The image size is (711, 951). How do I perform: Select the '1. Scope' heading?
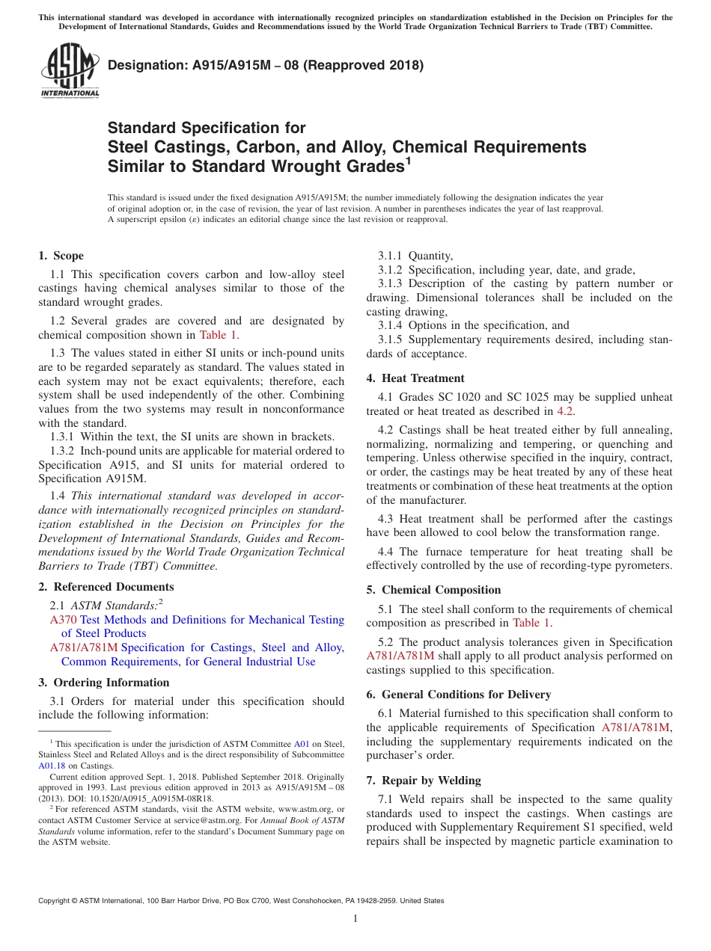[61, 256]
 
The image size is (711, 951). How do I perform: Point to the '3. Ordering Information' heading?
[104, 683]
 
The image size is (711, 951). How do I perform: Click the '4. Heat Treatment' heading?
[415, 378]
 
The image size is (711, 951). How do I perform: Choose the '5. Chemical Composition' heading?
[433, 590]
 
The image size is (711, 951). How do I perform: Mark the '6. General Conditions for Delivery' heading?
[459, 695]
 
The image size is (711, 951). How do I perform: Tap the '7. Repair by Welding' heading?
[424, 781]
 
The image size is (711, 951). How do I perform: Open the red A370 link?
[63, 620]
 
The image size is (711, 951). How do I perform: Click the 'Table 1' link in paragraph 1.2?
[218, 335]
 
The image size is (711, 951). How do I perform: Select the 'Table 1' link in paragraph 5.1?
[531, 623]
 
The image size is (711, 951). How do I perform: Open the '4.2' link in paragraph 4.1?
[566, 411]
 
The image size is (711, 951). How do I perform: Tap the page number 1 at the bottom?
[355, 918]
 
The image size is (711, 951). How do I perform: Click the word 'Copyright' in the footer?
[56, 901]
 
